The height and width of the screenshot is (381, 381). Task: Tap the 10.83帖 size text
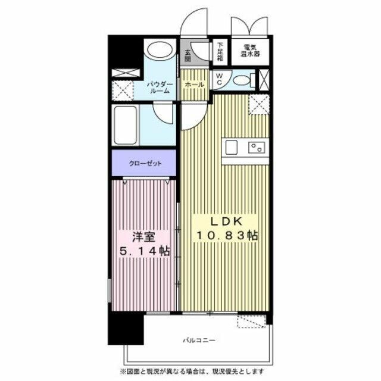227,235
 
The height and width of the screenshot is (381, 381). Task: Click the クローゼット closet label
143,163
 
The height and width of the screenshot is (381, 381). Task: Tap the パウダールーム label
160,87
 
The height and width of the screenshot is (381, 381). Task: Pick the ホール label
194,85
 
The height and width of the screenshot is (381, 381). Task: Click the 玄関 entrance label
188,54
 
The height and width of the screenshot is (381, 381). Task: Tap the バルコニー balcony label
195,341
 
